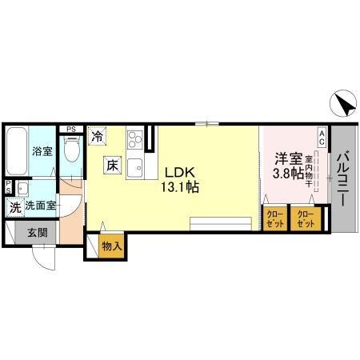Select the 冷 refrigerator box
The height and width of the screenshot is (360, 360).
click(x=97, y=137)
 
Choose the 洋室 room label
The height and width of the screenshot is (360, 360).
click(x=287, y=158)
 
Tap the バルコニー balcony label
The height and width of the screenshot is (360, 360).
click(x=342, y=179)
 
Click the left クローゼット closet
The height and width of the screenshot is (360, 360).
click(x=274, y=218)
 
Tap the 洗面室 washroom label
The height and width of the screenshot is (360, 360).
click(x=40, y=206)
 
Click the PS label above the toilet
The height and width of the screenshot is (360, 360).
click(x=71, y=128)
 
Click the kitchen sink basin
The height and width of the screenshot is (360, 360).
click(x=134, y=169)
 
